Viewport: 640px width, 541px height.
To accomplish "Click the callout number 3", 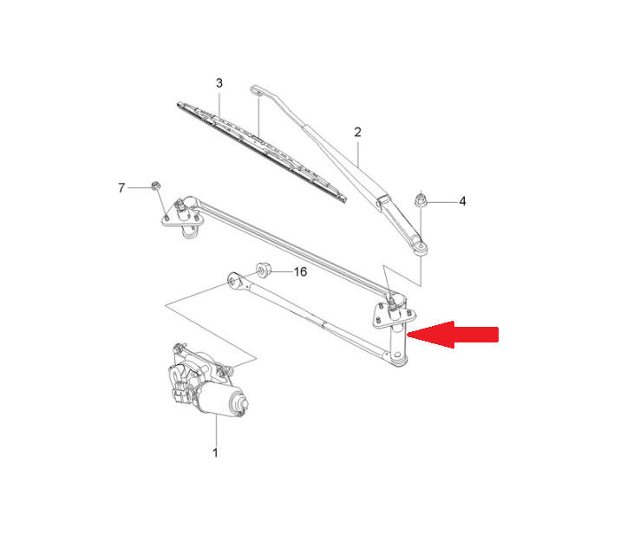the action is pyautogui.click(x=219, y=83).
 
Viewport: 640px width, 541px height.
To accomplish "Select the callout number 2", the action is pyautogui.click(x=357, y=132).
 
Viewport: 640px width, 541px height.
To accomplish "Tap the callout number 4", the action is pyautogui.click(x=462, y=201).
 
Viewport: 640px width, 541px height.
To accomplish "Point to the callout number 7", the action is pyautogui.click(x=121, y=187).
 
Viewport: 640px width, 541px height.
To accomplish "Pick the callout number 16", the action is pyautogui.click(x=300, y=271).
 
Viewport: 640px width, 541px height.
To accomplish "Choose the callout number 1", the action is pyautogui.click(x=215, y=453).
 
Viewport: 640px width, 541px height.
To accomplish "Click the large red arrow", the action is pyautogui.click(x=453, y=335).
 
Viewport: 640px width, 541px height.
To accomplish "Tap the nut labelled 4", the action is pyautogui.click(x=420, y=200).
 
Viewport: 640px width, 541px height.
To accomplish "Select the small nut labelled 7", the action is pyautogui.click(x=155, y=186).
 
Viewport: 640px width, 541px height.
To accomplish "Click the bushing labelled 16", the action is pyautogui.click(x=264, y=270).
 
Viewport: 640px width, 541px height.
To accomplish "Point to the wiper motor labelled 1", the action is pyautogui.click(x=206, y=381).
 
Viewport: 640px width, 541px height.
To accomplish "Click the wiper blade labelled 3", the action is pyautogui.click(x=262, y=152).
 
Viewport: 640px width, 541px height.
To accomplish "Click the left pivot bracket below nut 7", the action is pyautogui.click(x=183, y=218).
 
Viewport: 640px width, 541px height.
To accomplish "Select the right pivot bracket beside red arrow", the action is pyautogui.click(x=394, y=314).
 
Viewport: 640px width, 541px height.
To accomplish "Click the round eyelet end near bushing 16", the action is pyautogui.click(x=234, y=280).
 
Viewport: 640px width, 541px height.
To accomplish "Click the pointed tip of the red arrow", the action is pyautogui.click(x=408, y=335).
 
